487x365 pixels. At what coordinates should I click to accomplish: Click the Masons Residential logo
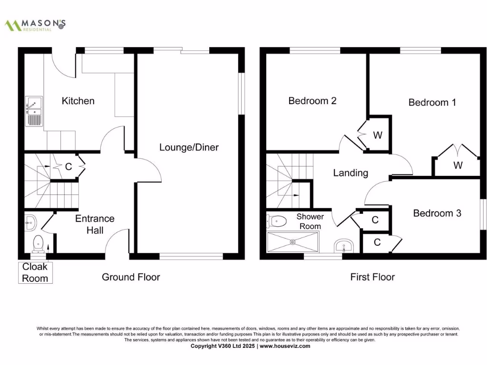coord(35,25)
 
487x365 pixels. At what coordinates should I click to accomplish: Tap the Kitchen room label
coord(78,101)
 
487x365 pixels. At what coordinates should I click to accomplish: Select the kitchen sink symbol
coord(34,110)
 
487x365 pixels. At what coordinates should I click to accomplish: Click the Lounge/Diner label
coord(189,147)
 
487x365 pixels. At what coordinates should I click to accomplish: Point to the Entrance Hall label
coord(95,224)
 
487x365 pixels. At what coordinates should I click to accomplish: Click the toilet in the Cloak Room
coord(38,244)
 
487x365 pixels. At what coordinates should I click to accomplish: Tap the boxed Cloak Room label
coord(35,273)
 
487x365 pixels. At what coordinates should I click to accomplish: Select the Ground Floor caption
coord(131,277)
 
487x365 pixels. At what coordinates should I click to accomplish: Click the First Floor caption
coord(372,277)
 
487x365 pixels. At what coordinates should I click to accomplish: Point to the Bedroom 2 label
coord(312,101)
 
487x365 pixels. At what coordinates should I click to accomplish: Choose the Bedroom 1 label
coord(432,102)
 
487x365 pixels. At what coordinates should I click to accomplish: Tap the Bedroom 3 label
coord(437,213)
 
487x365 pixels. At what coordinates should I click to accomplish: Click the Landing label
coord(351,173)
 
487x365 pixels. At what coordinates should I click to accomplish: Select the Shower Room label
coord(310,221)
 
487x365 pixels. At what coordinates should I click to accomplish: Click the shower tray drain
coord(292,241)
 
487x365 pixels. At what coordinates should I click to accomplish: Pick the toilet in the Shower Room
coord(278,221)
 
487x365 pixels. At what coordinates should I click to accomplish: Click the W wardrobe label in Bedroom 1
coord(458,165)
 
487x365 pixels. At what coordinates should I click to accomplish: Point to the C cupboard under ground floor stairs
coord(68,167)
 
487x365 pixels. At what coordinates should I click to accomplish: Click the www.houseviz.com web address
coord(285,346)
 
